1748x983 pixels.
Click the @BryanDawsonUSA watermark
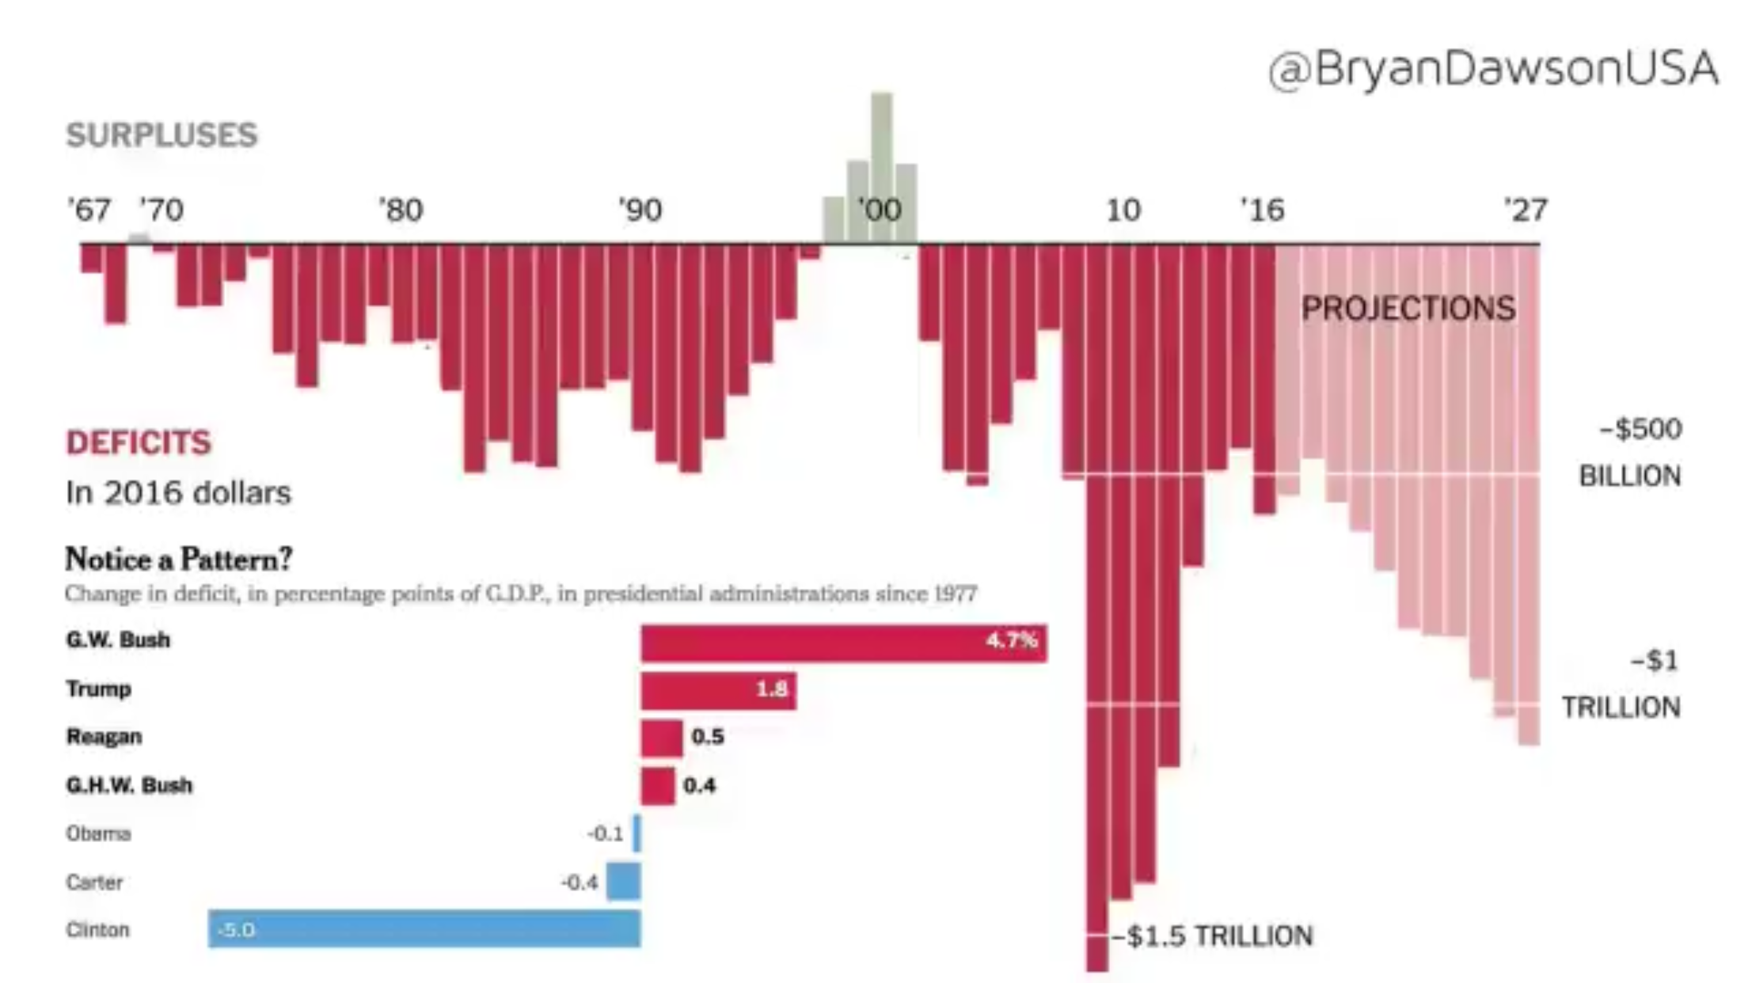[x=1493, y=69]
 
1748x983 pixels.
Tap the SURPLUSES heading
[x=161, y=135]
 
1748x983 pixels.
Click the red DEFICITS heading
[x=139, y=442]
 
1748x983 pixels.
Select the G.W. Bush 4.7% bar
[x=843, y=643]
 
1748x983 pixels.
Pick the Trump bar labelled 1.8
[x=717, y=691]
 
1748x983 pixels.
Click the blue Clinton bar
[x=424, y=929]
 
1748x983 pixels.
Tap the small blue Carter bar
[x=624, y=882]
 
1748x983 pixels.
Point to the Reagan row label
[x=104, y=737]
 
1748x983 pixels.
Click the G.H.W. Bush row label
[x=129, y=785]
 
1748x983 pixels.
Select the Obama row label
[x=98, y=833]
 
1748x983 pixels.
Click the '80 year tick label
[x=401, y=211]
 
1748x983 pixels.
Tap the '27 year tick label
[x=1525, y=211]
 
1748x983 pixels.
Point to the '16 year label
[x=1262, y=211]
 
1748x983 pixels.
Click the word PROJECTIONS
[x=1408, y=309]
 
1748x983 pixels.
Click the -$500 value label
[x=1640, y=429]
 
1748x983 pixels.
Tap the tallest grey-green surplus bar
[x=882, y=166]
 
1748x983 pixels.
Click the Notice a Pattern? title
[x=178, y=560]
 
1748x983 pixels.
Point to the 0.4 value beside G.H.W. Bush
[x=700, y=785]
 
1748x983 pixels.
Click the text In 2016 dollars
[x=178, y=493]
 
